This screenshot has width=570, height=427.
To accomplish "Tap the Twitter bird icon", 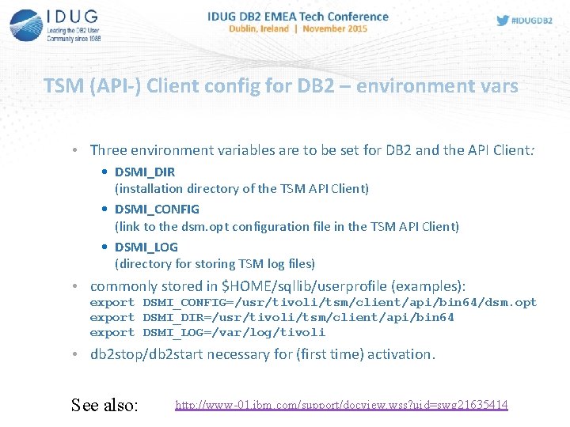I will click(x=503, y=21).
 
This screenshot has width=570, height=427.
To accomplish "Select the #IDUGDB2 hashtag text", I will click(x=533, y=21).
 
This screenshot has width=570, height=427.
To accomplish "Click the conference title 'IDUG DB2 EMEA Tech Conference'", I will click(x=298, y=16).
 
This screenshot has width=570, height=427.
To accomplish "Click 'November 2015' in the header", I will click(x=336, y=28).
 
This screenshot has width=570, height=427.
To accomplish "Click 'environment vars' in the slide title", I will click(x=437, y=85).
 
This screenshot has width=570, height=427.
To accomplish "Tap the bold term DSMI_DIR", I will click(x=145, y=172).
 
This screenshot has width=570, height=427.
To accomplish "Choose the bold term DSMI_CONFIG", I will click(x=157, y=210).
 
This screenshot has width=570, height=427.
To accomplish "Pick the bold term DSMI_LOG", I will click(x=146, y=247).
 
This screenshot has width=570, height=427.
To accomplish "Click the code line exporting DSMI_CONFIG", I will click(x=313, y=302).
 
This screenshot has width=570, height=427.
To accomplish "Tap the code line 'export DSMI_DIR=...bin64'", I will click(x=272, y=317).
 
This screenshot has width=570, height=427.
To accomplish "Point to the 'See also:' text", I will click(x=104, y=406).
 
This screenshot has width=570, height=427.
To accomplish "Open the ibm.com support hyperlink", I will click(x=341, y=405).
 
